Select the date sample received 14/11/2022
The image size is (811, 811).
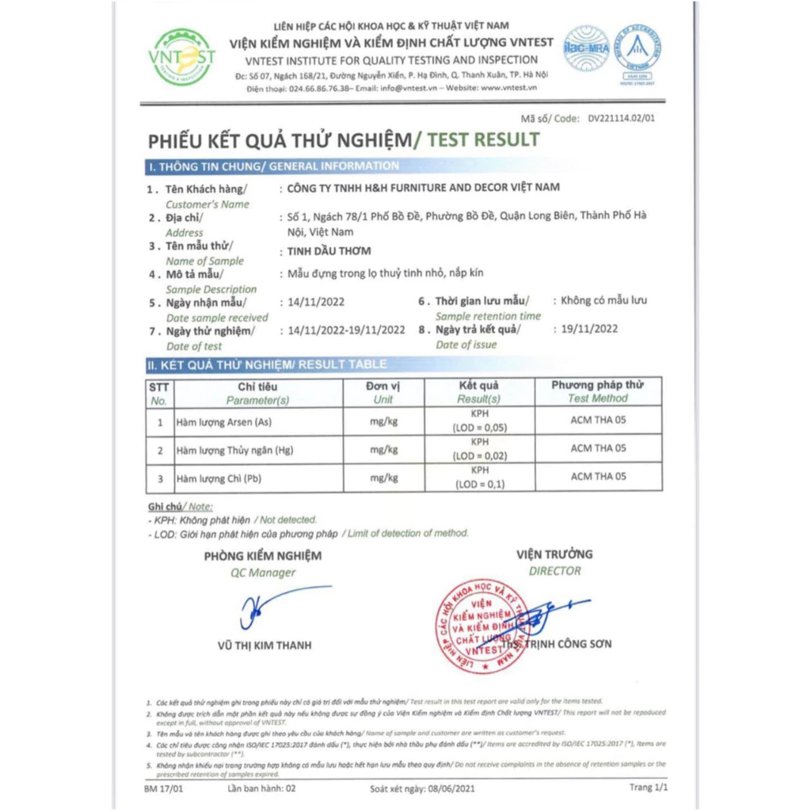[x=317, y=302]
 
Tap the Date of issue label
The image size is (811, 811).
[x=466, y=345]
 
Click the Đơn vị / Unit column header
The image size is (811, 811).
[x=383, y=392]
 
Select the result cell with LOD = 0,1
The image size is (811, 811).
[x=479, y=478]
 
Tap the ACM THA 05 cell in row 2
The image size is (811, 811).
[x=598, y=448]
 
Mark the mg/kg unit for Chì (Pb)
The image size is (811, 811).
[x=383, y=478]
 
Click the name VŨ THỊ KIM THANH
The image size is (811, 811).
[x=265, y=645]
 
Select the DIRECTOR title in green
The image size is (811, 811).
[x=554, y=571]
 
